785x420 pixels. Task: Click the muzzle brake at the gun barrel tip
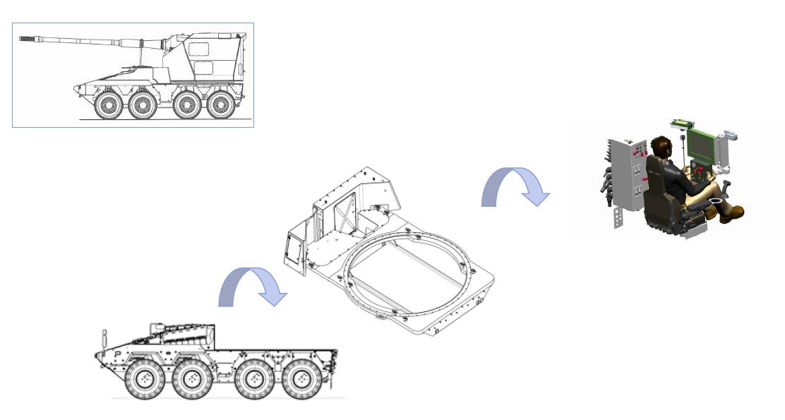tap(26, 39)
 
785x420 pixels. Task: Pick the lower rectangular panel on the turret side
tap(203, 68)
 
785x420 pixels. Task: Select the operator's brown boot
tap(734, 212)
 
